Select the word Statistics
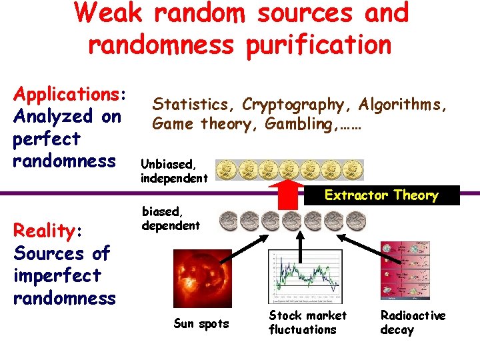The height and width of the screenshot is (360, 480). coord(194,105)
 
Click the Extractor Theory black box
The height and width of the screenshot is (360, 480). coord(381,195)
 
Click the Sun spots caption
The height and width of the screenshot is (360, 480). coord(201,324)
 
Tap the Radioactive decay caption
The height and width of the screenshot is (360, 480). coord(413,323)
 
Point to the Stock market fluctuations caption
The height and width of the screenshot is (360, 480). coord(307,323)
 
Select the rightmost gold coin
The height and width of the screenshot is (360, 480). coord(352,171)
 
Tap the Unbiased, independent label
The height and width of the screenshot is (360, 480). coord(174,171)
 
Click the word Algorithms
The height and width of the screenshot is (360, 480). coord(403,105)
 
